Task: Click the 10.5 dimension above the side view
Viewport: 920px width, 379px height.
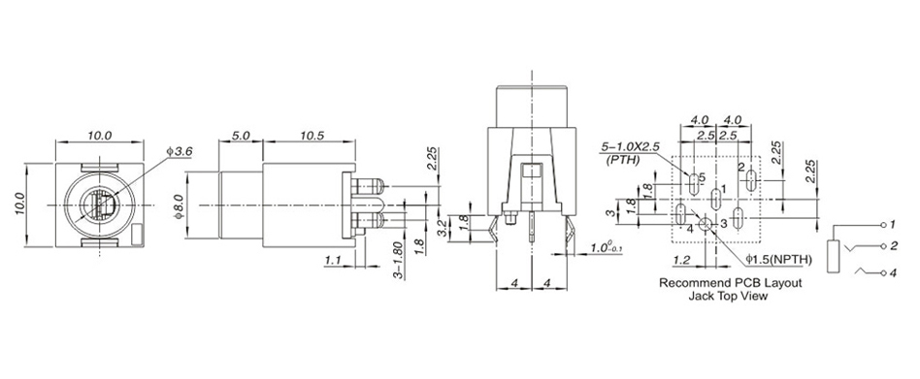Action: [312, 136]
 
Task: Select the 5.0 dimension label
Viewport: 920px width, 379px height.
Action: [241, 136]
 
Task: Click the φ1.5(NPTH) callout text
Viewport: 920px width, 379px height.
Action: [778, 259]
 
